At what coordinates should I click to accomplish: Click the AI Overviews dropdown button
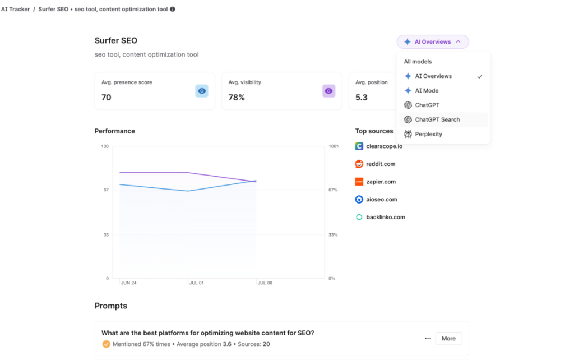pyautogui.click(x=432, y=41)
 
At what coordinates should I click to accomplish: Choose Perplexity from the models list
pyautogui.click(x=428, y=134)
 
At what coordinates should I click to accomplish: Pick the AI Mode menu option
pyautogui.click(x=427, y=90)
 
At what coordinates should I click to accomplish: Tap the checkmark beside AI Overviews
pyautogui.click(x=480, y=76)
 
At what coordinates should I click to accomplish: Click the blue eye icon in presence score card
pyautogui.click(x=202, y=91)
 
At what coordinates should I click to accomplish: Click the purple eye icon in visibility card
pyautogui.click(x=328, y=91)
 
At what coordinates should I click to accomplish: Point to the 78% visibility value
pyautogui.click(x=237, y=97)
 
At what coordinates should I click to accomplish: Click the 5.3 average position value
pyautogui.click(x=362, y=97)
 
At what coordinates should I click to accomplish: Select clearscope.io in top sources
pyautogui.click(x=384, y=146)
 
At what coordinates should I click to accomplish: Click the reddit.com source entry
pyautogui.click(x=381, y=164)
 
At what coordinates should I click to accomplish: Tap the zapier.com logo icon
pyautogui.click(x=359, y=182)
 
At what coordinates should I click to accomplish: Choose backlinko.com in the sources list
pyautogui.click(x=385, y=217)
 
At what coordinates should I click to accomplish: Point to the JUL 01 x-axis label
pyautogui.click(x=196, y=283)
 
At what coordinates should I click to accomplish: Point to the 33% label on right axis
pyautogui.click(x=333, y=235)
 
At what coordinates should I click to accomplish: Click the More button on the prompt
pyautogui.click(x=448, y=338)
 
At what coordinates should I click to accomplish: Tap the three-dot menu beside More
pyautogui.click(x=428, y=338)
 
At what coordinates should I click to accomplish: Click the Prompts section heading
pyautogui.click(x=111, y=306)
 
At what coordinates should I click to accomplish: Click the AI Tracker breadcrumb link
pyautogui.click(x=15, y=9)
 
